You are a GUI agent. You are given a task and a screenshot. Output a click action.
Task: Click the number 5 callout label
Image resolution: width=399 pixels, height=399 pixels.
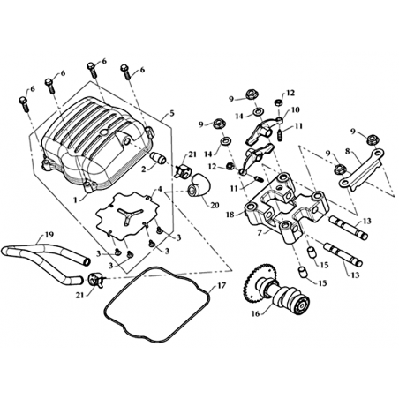pos(172,113)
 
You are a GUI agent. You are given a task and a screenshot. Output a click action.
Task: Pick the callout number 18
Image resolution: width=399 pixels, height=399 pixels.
pos(230,215)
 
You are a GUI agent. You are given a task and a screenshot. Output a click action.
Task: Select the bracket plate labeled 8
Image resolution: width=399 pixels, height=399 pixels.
pos(362,168)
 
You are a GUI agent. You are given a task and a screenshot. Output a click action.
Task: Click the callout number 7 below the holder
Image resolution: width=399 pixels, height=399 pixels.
pos(259,233)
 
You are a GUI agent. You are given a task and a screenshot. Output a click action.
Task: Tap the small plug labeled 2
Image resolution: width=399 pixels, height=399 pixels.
pos(158,158)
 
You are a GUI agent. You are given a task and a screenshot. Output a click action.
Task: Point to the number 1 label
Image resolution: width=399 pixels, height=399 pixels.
pos(76,200)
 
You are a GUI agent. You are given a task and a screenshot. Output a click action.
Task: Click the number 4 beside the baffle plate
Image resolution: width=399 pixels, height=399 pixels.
pos(160,189)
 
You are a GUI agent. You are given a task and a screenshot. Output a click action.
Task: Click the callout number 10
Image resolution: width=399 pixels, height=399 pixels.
pos(296,109)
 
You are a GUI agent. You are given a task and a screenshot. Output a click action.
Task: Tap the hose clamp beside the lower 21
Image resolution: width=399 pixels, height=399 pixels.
pos(95,280)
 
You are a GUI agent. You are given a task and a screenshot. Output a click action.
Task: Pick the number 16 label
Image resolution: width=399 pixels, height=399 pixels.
pos(255,313)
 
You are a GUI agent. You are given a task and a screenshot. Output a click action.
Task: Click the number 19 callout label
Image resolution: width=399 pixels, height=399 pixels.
pos(49,235)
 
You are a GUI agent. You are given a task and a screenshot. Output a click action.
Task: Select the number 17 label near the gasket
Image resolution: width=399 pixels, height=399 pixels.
pos(222,285)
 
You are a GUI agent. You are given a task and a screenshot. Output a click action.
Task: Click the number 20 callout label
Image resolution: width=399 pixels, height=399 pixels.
pos(215,205)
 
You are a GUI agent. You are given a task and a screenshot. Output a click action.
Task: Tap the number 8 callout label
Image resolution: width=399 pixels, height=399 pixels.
pos(348,151)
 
